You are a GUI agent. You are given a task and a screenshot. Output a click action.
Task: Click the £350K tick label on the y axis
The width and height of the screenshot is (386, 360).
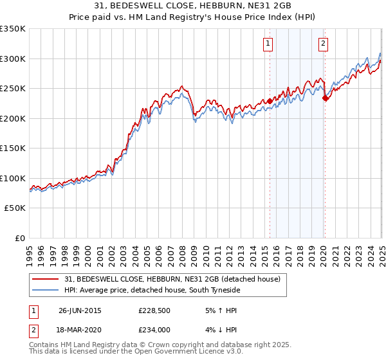(13, 29)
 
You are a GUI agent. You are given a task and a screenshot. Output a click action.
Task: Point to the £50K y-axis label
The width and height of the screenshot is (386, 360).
(15, 208)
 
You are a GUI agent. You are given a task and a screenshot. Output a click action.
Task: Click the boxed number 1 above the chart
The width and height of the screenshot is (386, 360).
(267, 44)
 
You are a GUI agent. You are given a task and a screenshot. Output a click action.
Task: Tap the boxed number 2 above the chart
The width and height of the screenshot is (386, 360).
(322, 44)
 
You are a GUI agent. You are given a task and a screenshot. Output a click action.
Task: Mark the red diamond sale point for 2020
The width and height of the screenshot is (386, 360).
(325, 98)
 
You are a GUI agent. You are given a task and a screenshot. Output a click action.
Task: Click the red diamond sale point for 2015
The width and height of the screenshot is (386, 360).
(270, 102)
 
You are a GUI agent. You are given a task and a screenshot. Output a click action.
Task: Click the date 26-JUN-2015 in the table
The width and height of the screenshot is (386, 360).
(80, 310)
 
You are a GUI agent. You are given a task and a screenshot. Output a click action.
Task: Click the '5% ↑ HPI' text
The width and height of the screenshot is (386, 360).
(216, 310)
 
